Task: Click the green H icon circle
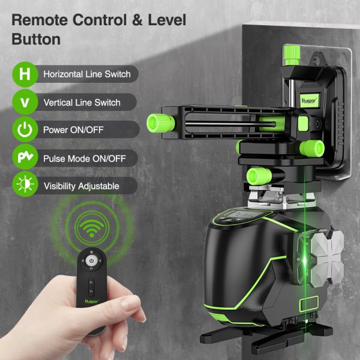click(25, 74)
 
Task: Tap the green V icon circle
click(25, 102)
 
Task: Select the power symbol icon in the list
click(25, 129)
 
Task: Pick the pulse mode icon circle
click(25, 157)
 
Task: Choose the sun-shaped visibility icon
click(25, 184)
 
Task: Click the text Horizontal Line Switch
click(87, 74)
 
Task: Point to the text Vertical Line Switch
click(82, 103)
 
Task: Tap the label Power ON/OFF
click(73, 130)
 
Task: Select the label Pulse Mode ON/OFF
click(85, 158)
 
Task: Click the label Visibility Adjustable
click(82, 186)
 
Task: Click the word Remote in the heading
click(40, 20)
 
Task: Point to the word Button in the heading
click(36, 40)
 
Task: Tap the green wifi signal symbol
click(92, 228)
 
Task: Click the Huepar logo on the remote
click(91, 301)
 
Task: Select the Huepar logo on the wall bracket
click(309, 100)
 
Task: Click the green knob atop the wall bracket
click(292, 55)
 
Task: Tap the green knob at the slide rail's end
click(161, 123)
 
